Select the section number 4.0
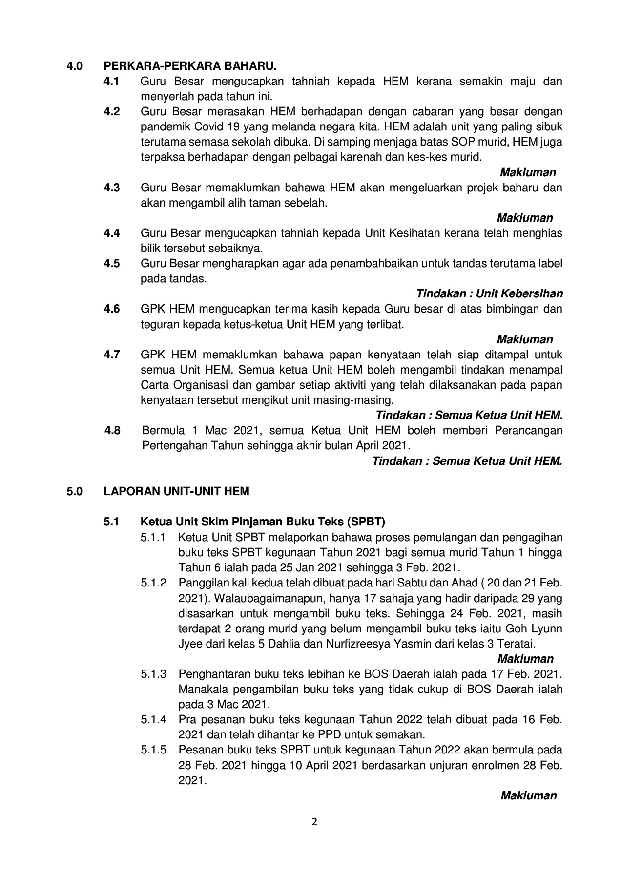[x=75, y=65]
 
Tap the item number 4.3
[x=112, y=188]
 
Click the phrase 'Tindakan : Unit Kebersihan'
[x=489, y=293]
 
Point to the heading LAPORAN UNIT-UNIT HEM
[x=176, y=491]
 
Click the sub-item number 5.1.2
[x=154, y=583]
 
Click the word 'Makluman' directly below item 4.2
[x=528, y=172]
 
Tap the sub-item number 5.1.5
[x=154, y=750]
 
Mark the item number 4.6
[x=112, y=309]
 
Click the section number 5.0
[x=75, y=491]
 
